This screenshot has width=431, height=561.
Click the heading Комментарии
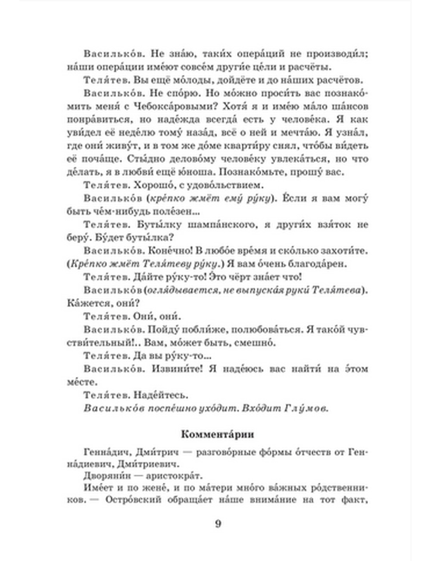[x=217, y=434]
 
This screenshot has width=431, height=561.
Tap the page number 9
[x=218, y=524]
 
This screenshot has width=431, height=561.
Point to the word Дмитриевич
[x=152, y=464]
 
